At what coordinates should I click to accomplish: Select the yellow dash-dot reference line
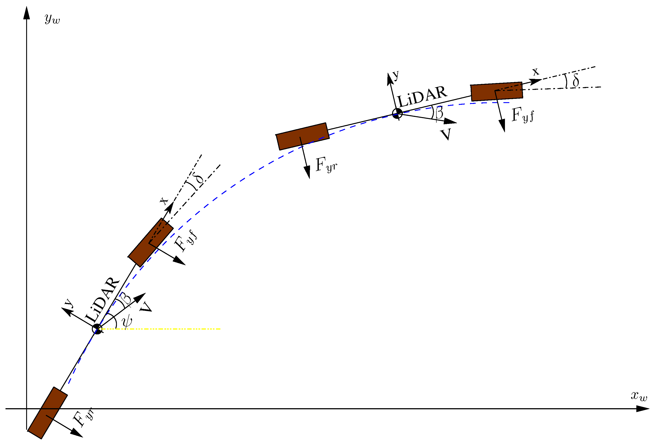click(170, 329)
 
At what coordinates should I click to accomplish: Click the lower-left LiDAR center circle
click(97, 329)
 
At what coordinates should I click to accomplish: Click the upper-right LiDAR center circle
click(397, 113)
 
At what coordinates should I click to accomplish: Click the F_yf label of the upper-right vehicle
click(523, 115)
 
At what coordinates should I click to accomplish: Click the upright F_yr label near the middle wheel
click(326, 165)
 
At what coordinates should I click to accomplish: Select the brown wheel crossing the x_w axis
click(47, 413)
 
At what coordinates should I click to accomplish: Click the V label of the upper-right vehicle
click(446, 134)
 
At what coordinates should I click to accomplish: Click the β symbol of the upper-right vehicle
click(439, 112)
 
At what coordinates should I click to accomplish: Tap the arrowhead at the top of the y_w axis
click(27, 13)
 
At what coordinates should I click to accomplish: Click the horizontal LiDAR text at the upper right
click(422, 96)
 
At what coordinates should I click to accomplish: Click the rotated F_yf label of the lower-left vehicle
click(186, 241)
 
